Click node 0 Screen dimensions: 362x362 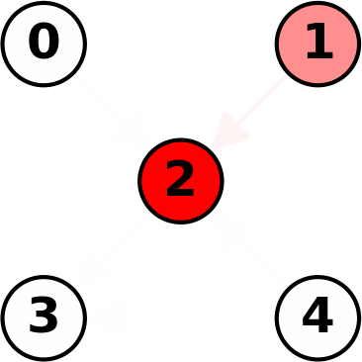pos(44,44)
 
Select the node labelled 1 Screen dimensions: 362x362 pos(317,44)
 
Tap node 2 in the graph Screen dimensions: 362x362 pos(180,180)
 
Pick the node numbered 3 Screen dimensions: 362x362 pos(44,317)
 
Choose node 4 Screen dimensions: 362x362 pos(317,317)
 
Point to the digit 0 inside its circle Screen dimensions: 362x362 pos(44,43)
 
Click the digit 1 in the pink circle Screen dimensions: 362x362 pos(317,43)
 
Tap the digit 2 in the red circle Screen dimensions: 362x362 pos(180,180)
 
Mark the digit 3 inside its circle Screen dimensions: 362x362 pos(44,317)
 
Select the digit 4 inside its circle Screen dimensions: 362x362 pos(317,317)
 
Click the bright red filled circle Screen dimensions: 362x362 pos(180,180)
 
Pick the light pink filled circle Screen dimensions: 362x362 pos(317,44)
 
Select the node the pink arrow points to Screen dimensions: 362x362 pos(180,180)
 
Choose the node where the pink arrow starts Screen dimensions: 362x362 pos(317,44)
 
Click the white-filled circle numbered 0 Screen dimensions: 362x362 pos(44,44)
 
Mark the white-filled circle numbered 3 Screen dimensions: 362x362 pos(44,317)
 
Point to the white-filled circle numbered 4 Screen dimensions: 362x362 pos(317,317)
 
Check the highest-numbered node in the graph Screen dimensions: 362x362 pos(317,317)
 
